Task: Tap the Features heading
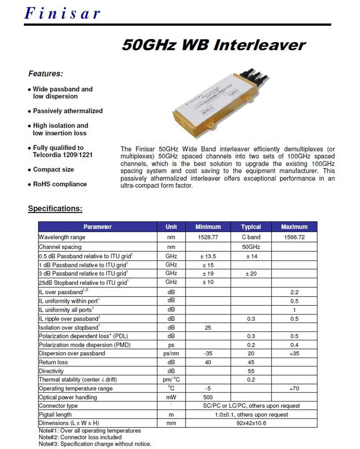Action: coord(46,74)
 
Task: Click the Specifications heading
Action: coord(55,208)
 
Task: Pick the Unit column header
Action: coord(171,227)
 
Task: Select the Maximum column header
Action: coord(294,227)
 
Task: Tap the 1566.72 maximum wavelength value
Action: coord(294,237)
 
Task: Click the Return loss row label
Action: coord(53,362)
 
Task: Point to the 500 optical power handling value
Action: coord(208,397)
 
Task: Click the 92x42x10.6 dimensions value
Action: coord(251,423)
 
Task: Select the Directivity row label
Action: coord(51,371)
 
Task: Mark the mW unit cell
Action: coord(171,397)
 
